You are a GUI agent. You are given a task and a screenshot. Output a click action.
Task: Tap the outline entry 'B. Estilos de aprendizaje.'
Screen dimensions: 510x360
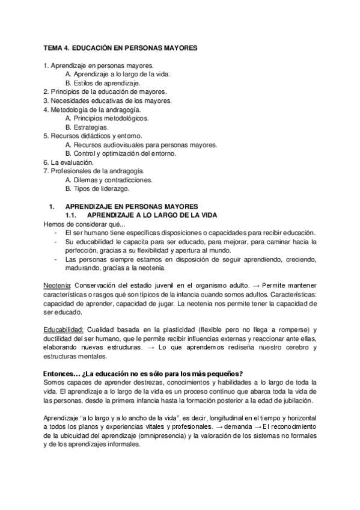[103, 82]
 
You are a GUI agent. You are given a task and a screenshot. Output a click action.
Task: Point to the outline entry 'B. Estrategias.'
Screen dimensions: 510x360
[87, 127]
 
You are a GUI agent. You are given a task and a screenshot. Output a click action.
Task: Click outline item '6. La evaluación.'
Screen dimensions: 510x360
[69, 163]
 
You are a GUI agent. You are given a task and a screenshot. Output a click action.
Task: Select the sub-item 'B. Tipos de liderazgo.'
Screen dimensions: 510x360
[97, 189]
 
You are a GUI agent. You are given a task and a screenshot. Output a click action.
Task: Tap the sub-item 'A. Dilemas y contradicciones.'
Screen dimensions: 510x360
[109, 180]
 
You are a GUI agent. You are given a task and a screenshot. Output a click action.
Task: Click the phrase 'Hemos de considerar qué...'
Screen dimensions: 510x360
[84, 224]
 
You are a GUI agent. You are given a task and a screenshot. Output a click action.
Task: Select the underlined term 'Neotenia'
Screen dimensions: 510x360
[58, 284]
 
